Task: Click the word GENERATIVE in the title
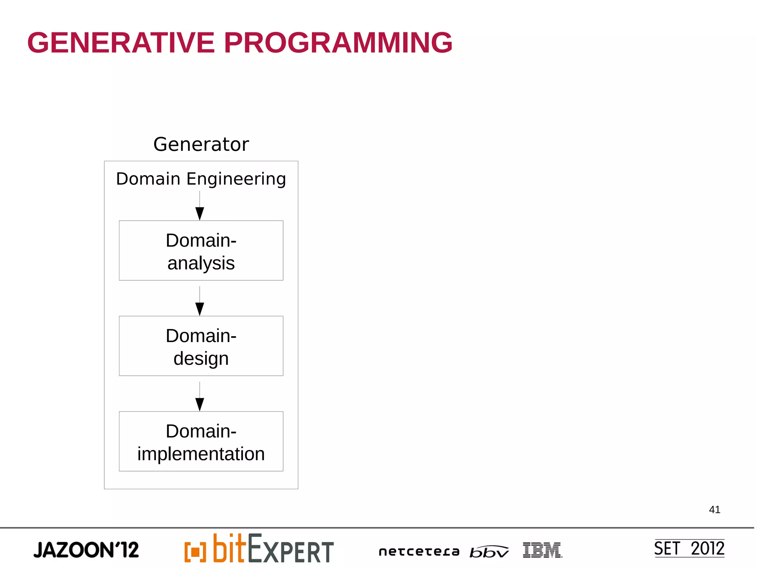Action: [121, 43]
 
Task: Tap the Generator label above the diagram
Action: [201, 144]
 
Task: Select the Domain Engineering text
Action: [201, 179]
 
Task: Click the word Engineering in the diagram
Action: [236, 179]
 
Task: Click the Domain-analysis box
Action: [201, 251]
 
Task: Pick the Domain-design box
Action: [201, 346]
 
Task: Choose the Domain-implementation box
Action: [201, 441]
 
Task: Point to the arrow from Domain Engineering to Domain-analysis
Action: [200, 207]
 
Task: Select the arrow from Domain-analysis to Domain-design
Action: [200, 302]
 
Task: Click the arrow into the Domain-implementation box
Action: [200, 398]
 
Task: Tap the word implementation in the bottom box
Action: [201, 454]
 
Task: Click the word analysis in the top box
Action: [201, 263]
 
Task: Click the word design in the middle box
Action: [201, 359]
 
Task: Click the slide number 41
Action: [714, 510]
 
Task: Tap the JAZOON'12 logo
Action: [86, 550]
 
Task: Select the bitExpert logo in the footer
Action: [259, 549]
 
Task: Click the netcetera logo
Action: [419, 552]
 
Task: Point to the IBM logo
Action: [542, 550]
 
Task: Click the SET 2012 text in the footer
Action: [689, 548]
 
